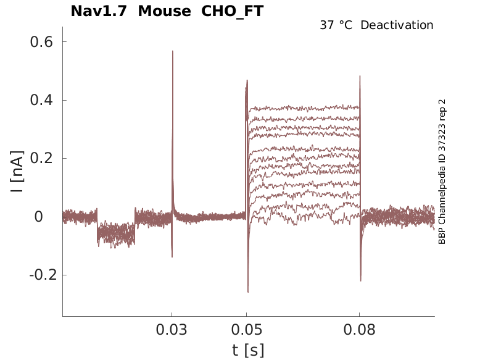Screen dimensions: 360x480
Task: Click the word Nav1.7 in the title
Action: pos(99,11)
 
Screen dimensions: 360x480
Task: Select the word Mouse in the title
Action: pos(165,11)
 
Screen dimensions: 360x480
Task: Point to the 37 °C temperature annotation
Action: pos(337,25)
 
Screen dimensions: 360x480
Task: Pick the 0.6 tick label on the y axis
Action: pos(41,42)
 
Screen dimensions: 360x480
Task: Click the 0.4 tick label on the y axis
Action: pos(41,100)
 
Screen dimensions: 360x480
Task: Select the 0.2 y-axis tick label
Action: pos(41,158)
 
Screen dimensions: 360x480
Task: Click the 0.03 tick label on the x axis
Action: pos(172,330)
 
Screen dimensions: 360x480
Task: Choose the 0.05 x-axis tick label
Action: pos(247,330)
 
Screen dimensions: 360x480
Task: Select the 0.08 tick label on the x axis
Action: pos(360,330)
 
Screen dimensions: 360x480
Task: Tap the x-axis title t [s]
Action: pos(248,350)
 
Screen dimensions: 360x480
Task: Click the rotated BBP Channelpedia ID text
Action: pos(442,172)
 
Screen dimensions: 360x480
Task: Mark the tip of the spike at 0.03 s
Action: pos(173,51)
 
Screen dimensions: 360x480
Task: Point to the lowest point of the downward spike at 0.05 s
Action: pos(248,291)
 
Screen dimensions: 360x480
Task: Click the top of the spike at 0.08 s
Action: pos(360,77)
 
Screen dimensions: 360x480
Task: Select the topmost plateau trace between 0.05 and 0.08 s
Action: pos(302,107)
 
